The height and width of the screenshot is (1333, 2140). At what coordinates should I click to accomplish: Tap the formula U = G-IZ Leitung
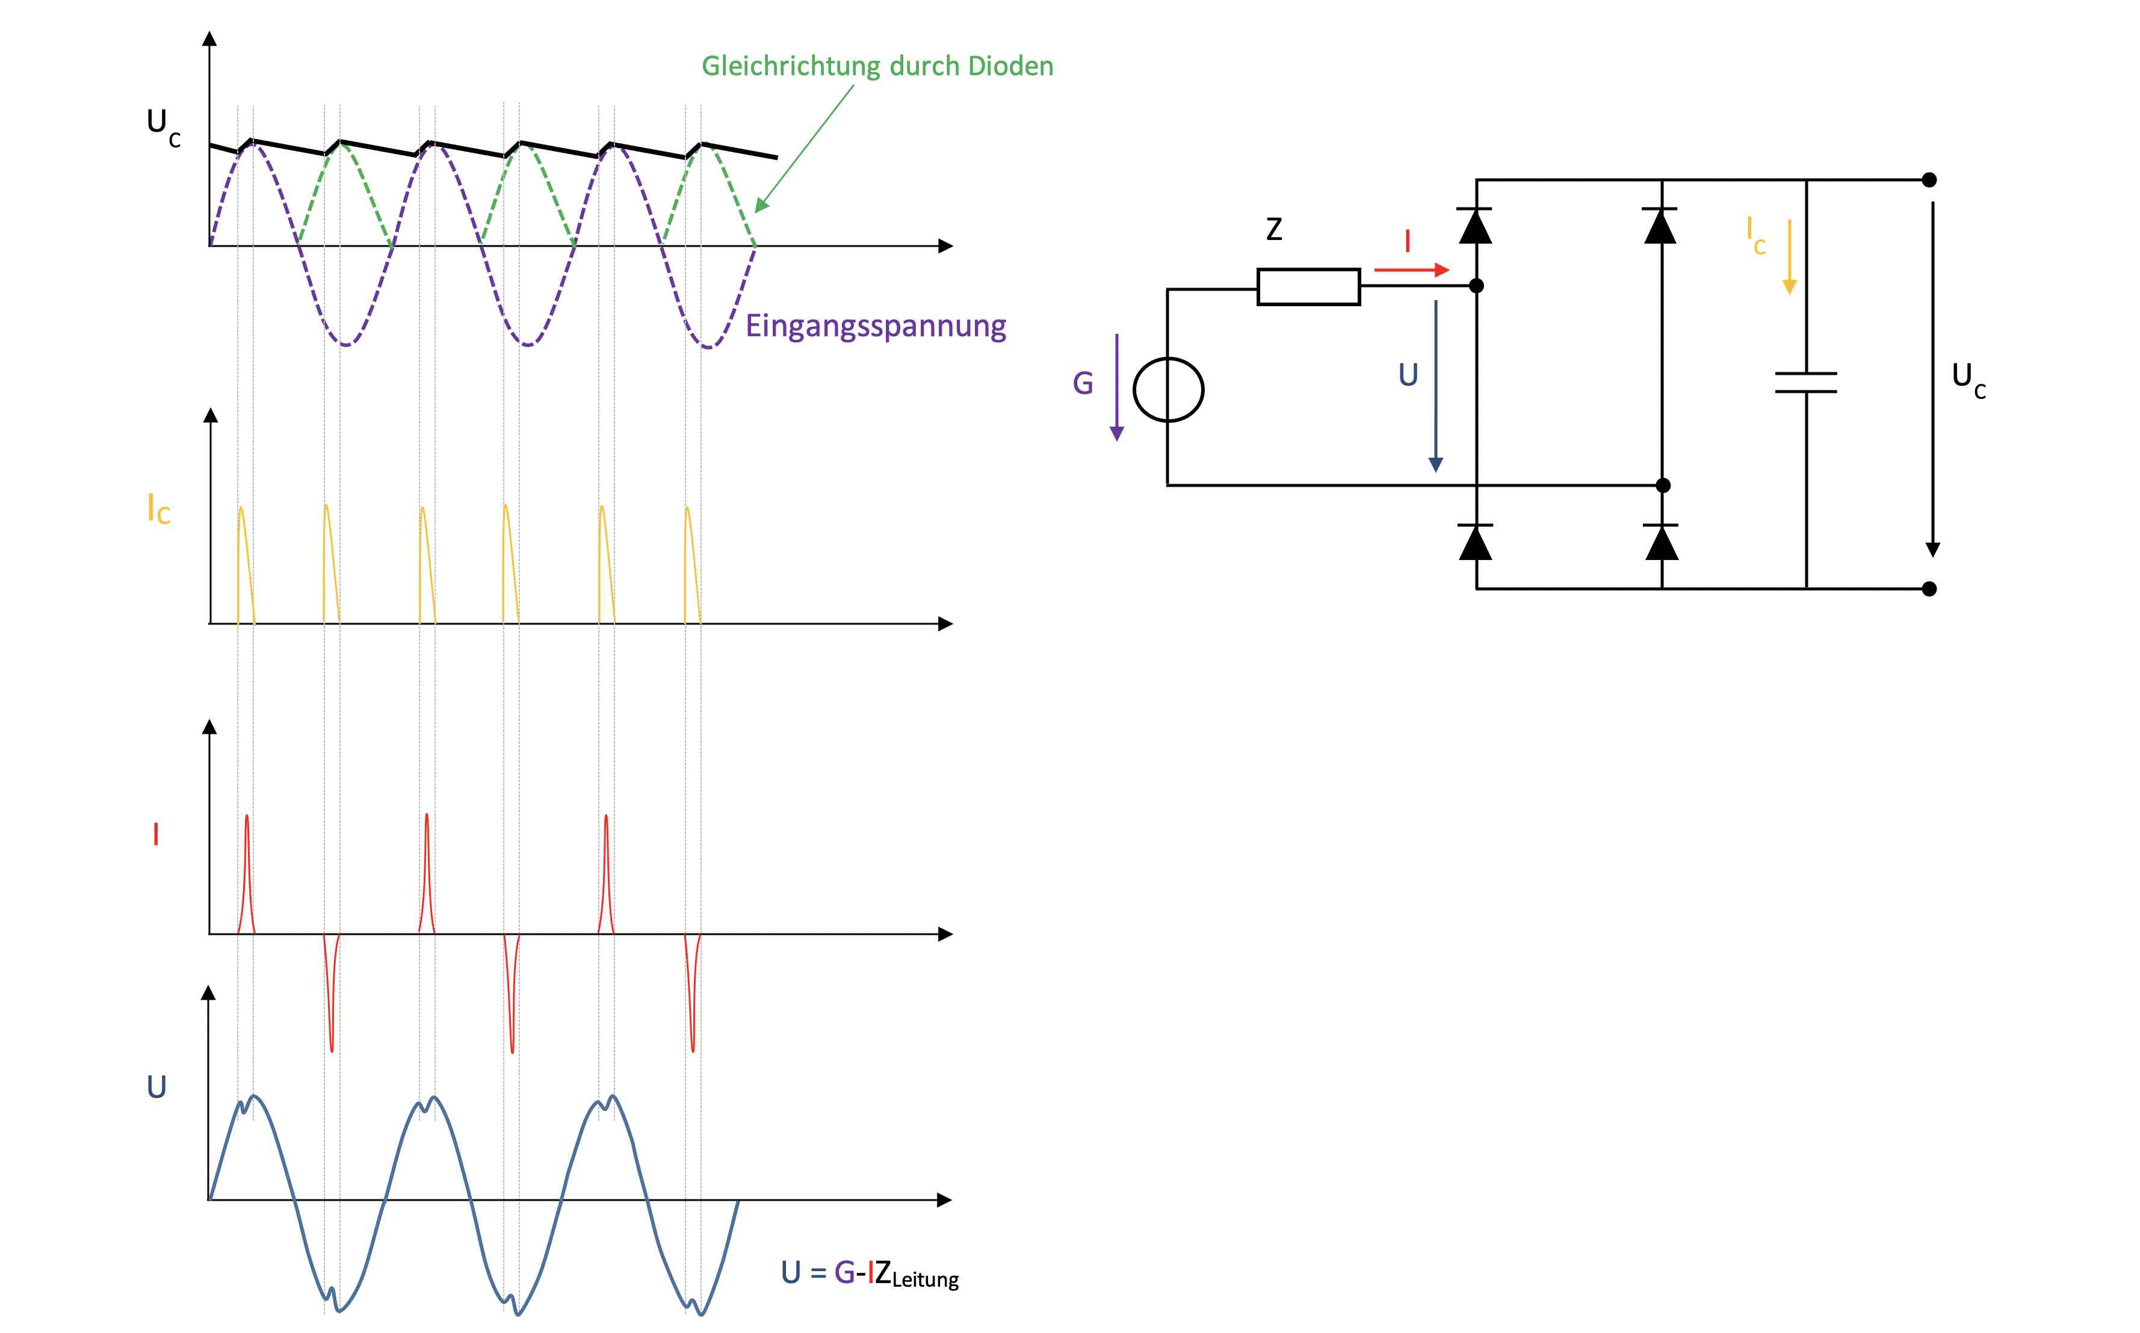point(868,1273)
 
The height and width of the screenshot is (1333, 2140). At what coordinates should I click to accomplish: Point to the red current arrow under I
point(1411,269)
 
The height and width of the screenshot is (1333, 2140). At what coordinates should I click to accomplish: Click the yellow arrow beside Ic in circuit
point(1789,256)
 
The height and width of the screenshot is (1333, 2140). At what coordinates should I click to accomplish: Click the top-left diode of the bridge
point(1475,226)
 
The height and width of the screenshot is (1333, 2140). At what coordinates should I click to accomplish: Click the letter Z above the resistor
point(1273,229)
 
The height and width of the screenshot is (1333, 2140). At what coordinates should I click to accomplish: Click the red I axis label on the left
point(156,834)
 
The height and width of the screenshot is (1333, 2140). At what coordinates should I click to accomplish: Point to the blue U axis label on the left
point(156,1087)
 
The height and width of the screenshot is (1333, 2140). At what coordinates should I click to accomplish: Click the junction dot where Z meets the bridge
point(1476,286)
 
